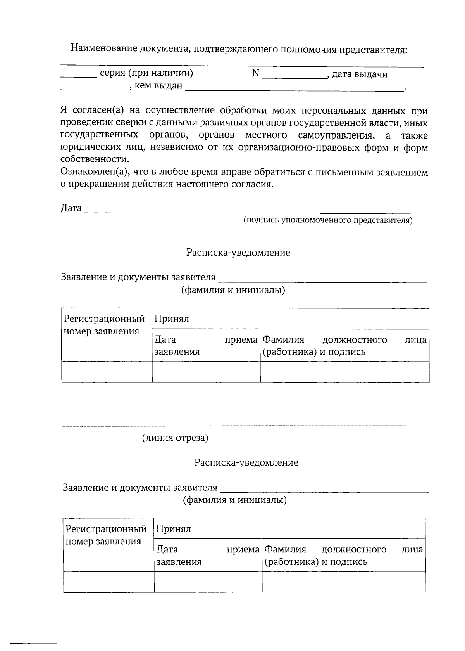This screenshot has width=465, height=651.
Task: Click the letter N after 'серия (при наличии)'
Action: point(255,73)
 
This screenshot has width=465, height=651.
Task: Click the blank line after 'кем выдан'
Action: point(294,90)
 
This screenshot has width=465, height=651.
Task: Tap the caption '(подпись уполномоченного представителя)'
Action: point(328,220)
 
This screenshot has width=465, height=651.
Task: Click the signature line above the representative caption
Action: point(365,213)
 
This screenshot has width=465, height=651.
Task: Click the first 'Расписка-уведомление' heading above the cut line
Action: point(238,253)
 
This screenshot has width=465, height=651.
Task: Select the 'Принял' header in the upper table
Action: point(172,319)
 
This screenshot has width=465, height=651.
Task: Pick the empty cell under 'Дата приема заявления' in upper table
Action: point(206,372)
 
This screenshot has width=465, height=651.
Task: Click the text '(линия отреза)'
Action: point(175,438)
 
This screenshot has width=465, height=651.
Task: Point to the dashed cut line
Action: point(234,426)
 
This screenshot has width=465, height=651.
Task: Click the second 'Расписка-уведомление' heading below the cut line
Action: point(246,462)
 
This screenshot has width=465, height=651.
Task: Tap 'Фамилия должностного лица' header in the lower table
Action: point(343,556)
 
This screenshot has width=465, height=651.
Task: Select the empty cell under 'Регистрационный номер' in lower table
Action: point(109,582)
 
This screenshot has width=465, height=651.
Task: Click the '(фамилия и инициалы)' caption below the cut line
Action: point(235,500)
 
